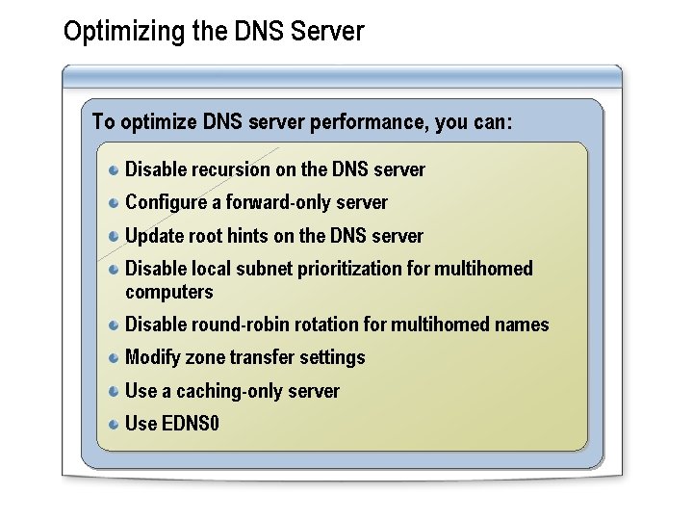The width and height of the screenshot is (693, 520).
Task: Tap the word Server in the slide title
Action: coord(329,31)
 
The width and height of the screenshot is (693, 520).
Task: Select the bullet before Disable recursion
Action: coord(114,170)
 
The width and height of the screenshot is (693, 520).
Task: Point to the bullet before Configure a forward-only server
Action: coord(114,203)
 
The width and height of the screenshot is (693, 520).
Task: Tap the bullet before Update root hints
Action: coord(114,237)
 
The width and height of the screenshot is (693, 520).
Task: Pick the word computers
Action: coord(169,292)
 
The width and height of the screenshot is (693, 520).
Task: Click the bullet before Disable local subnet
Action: coord(114,270)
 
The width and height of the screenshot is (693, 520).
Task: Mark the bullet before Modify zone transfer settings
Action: coord(114,358)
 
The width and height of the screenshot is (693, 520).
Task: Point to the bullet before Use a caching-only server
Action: coord(114,392)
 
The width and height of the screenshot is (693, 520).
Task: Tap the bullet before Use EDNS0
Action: coord(114,425)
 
